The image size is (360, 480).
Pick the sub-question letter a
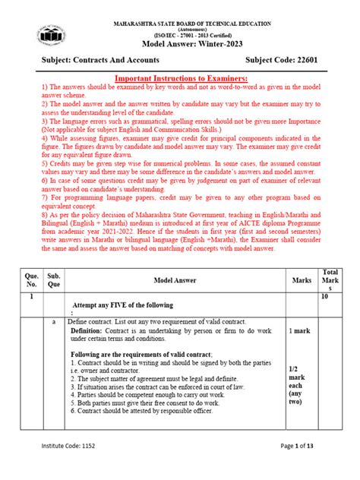[x=55, y=323]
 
